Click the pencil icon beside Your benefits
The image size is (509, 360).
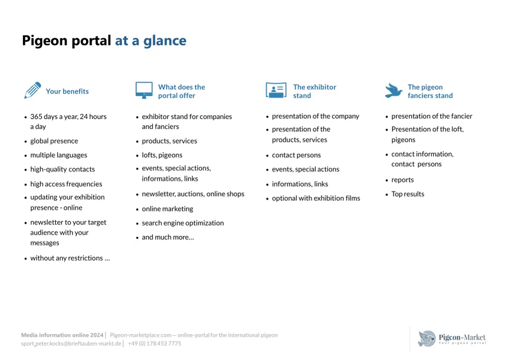[x=32, y=90]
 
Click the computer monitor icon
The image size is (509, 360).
[x=144, y=90]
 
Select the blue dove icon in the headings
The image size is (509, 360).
[x=394, y=90]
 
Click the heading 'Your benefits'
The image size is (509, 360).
[x=67, y=91]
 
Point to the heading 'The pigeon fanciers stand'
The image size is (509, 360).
[x=430, y=91]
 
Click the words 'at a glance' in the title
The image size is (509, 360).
[x=151, y=41]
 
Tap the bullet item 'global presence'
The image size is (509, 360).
[x=54, y=141]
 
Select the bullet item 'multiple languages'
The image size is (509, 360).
[x=59, y=155]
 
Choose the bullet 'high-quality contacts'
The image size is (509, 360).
[x=63, y=170]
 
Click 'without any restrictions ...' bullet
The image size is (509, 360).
[x=70, y=258]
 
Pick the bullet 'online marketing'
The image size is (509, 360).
[x=168, y=209]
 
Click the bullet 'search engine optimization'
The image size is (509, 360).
[x=183, y=223]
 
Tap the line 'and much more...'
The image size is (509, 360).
[x=168, y=237]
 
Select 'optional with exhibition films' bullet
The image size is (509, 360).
[x=316, y=198]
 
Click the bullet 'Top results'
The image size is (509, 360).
[x=408, y=194]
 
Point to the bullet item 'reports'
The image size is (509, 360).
[x=403, y=180]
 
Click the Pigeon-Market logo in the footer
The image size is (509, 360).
[x=451, y=339]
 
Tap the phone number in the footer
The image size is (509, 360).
[x=155, y=344]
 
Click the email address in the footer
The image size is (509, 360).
[x=71, y=344]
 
